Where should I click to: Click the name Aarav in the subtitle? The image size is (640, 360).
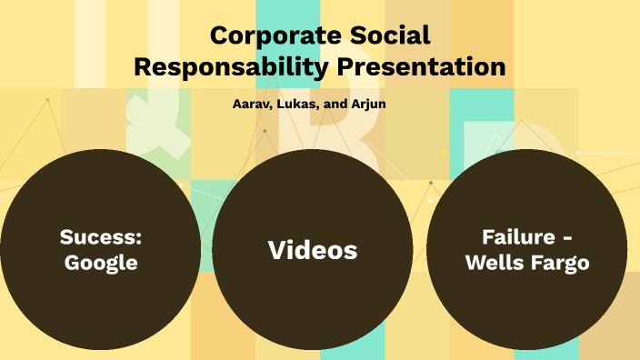[x=252, y=104]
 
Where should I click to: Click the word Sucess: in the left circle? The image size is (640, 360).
[x=101, y=238]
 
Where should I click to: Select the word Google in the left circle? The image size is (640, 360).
[x=101, y=264]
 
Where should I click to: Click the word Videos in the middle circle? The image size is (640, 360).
[x=313, y=250]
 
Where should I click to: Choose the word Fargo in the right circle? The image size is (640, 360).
[x=560, y=264]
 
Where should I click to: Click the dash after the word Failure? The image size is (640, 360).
[x=565, y=239]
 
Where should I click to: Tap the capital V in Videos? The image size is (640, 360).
[x=277, y=250]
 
